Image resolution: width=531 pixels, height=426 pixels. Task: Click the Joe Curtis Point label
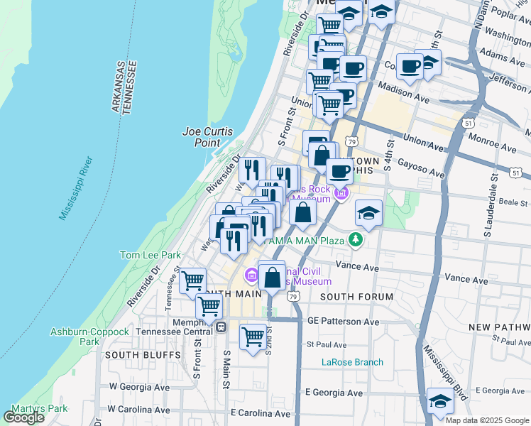[202, 136]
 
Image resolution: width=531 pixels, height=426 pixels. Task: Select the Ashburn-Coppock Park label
[80, 336]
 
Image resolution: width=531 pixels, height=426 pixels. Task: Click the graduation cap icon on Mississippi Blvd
[440, 401]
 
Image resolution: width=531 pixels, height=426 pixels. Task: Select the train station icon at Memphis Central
[221, 327]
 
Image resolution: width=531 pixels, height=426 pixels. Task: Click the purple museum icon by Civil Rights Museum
[251, 275]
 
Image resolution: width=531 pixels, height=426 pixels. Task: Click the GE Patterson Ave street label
[344, 321]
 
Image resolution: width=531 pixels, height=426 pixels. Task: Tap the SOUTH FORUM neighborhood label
[356, 296]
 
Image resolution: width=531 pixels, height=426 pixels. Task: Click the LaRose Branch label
[352, 362]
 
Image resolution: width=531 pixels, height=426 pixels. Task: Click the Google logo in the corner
[24, 417]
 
